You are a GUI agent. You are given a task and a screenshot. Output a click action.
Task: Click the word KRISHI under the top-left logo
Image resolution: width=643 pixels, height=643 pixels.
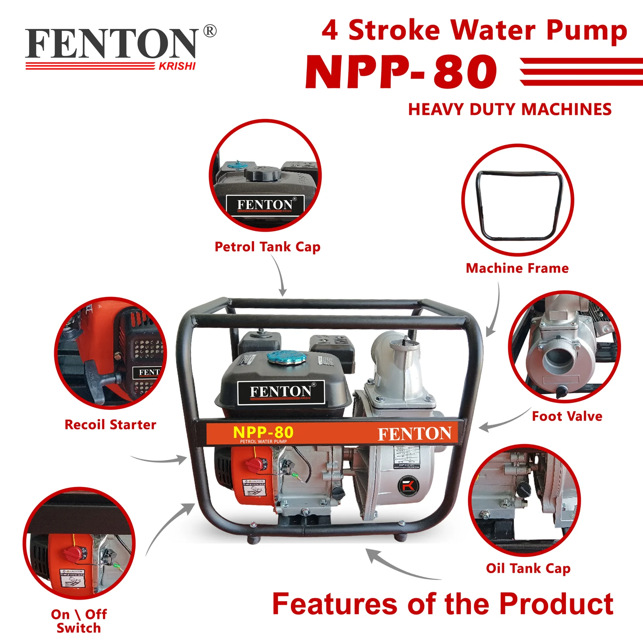pyautogui.click(x=177, y=66)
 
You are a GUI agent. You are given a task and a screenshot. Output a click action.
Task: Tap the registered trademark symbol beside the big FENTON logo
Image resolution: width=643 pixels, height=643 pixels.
pyautogui.click(x=210, y=31)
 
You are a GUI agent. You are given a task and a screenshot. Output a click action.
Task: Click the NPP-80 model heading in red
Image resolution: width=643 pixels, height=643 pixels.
pyautogui.click(x=401, y=72)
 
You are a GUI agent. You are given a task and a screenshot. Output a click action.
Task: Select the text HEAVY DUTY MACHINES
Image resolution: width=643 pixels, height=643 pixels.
pyautogui.click(x=510, y=109)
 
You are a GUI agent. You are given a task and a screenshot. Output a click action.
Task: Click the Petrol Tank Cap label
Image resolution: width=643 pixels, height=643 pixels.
pyautogui.click(x=267, y=247)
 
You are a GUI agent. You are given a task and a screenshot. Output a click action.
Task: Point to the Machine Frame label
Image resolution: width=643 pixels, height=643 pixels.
pyautogui.click(x=517, y=268)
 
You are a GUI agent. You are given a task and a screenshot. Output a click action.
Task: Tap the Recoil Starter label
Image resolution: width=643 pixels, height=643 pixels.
pyautogui.click(x=111, y=424)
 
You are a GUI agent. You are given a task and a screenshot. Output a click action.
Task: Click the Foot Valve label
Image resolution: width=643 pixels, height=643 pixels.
pyautogui.click(x=567, y=416)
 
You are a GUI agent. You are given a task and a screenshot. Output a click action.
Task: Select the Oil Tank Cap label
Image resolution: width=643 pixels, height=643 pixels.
pyautogui.click(x=528, y=568)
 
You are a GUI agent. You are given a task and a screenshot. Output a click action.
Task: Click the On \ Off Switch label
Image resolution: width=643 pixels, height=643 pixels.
pyautogui.click(x=79, y=621)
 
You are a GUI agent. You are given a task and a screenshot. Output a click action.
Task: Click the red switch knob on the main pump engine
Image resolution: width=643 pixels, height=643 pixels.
pyautogui.click(x=255, y=465)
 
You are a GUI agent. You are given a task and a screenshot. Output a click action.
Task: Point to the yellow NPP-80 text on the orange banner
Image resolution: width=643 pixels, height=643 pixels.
pyautogui.click(x=263, y=432)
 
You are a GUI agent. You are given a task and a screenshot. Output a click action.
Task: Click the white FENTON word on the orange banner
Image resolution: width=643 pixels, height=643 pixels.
pyautogui.click(x=414, y=434)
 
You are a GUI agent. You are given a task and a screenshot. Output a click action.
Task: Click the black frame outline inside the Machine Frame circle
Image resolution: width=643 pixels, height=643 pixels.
pyautogui.click(x=518, y=205)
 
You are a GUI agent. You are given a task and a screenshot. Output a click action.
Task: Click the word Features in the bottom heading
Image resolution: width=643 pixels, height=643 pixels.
pyautogui.click(x=334, y=604)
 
